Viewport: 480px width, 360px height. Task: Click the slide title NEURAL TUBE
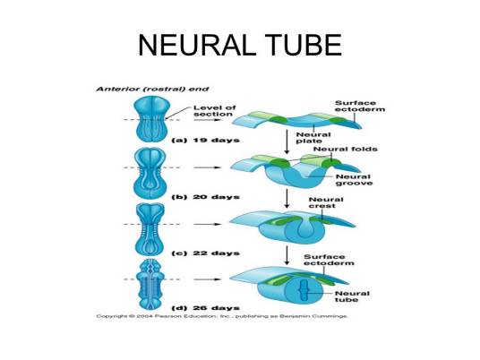click(240, 46)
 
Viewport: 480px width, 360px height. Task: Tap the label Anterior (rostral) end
click(152, 89)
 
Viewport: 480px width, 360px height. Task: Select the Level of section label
click(215, 111)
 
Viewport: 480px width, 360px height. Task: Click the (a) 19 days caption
click(205, 141)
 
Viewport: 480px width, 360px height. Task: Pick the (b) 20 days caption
click(205, 197)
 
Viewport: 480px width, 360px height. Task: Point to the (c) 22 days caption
click(205, 253)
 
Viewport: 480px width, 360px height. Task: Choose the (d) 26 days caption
click(205, 308)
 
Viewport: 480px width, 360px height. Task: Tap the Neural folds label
click(346, 149)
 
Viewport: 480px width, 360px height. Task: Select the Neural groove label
click(355, 180)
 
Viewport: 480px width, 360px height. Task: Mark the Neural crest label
click(326, 202)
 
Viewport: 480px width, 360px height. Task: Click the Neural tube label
click(352, 296)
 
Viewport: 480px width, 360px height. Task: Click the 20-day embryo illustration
click(150, 175)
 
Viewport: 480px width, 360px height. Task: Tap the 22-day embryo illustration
click(150, 228)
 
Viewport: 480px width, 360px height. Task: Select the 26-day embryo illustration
click(150, 285)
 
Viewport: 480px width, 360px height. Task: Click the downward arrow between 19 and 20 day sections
click(287, 141)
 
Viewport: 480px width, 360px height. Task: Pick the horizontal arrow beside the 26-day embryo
click(207, 279)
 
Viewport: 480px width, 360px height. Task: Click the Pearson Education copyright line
click(222, 316)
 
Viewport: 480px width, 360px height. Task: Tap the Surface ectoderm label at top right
click(360, 107)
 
